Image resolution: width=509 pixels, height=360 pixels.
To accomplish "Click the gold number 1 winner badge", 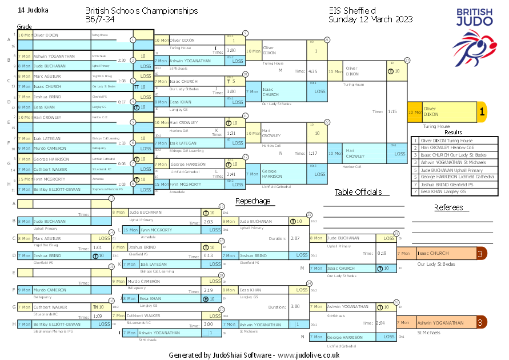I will click(x=482, y=113).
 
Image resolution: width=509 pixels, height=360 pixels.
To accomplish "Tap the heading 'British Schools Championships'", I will click(x=142, y=11).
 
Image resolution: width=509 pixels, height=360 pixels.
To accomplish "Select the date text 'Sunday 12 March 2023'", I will click(x=370, y=19).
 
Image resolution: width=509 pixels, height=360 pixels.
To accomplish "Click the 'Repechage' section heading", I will click(x=253, y=201).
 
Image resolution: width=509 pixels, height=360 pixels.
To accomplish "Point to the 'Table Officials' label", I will click(x=358, y=192).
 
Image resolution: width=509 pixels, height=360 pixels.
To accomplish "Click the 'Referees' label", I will click(x=448, y=207).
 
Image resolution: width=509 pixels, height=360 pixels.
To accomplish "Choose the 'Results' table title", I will click(x=453, y=133).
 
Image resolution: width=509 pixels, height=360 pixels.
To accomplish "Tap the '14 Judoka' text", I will click(x=33, y=10).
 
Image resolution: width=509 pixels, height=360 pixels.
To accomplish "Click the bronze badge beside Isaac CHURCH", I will click(x=482, y=253).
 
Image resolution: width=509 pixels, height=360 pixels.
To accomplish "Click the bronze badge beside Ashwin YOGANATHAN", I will click(x=482, y=323).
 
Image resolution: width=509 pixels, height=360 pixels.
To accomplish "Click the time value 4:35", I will click(x=312, y=71).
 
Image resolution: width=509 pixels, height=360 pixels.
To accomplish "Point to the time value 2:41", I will click(x=231, y=174).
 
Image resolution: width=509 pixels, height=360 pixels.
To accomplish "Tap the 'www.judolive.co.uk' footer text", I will click(x=309, y=355).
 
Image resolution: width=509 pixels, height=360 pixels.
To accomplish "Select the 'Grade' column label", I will click(x=24, y=27).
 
